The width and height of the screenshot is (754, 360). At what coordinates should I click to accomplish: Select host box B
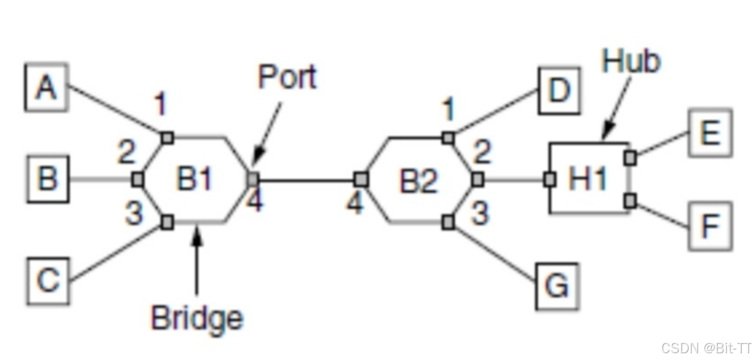(47, 180)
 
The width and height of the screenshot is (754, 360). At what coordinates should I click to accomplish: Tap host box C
(47, 281)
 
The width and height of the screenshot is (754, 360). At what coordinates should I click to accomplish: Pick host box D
(559, 91)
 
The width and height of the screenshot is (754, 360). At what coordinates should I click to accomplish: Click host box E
(710, 132)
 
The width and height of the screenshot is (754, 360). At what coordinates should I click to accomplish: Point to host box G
(557, 287)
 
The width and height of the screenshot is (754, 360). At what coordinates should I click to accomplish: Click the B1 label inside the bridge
(195, 180)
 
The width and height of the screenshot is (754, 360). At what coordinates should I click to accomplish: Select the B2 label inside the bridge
(418, 181)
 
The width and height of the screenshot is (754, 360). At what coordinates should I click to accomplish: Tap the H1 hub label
(588, 180)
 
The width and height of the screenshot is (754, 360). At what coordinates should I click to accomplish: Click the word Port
(287, 78)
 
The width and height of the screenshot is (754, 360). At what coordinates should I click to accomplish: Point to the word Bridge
(197, 319)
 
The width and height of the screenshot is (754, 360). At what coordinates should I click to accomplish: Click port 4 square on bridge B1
(252, 179)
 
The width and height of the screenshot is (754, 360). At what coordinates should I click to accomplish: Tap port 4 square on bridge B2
(361, 180)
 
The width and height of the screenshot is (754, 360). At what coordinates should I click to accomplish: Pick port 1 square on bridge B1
(167, 138)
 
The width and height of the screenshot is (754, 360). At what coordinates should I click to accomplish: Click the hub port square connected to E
(630, 158)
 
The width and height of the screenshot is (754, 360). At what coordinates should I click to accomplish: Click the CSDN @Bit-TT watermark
(706, 348)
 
